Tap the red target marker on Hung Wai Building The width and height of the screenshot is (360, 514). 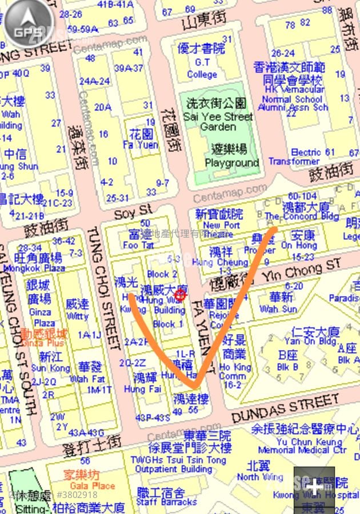coord(180,295)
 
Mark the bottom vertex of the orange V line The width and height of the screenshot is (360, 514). coord(194,387)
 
